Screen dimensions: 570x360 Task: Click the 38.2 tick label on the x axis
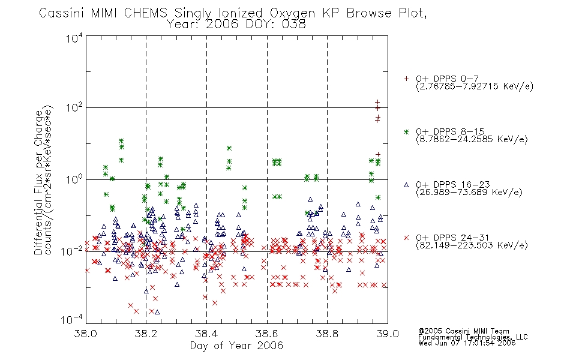point(146,334)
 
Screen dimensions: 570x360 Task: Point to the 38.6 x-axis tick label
point(267,334)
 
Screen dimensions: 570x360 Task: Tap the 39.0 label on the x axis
point(388,334)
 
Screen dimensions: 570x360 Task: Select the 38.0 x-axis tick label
point(86,334)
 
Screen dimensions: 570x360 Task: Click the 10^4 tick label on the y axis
point(74,38)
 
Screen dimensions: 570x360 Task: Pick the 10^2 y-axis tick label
point(74,108)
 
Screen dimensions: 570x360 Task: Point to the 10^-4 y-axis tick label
point(71,320)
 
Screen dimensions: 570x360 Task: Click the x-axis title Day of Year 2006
point(236,346)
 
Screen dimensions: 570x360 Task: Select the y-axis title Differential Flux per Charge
point(39,182)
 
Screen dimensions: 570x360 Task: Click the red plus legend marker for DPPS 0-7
point(406,79)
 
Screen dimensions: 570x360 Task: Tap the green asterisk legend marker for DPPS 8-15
point(406,131)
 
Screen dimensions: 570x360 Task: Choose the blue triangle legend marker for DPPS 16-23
point(406,185)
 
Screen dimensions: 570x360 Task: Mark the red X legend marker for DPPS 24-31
point(406,238)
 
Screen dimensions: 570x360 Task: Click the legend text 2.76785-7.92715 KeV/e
point(475,86)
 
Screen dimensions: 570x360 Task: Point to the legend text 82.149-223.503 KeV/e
point(472,245)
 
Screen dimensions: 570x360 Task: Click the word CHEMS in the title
point(145,13)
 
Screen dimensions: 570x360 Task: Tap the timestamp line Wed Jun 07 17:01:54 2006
point(467,343)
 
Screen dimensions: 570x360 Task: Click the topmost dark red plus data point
point(377,102)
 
